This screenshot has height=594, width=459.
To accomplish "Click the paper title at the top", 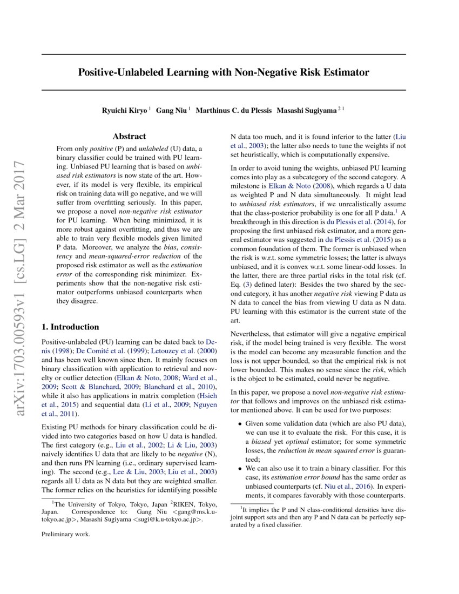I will click(224, 72).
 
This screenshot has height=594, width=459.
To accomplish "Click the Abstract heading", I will click(129, 137).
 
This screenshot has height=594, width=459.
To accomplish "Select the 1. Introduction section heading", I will click(70, 327).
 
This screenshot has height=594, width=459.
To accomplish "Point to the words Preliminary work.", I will click(66, 535).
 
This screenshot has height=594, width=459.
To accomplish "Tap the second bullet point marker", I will click(240, 469).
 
